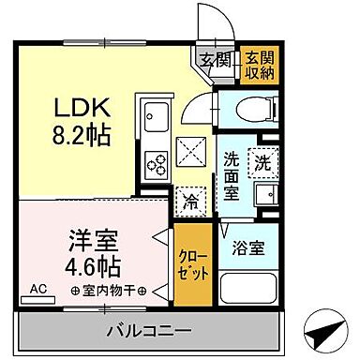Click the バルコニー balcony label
coord(148,331)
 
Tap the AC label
coord(38,291)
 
